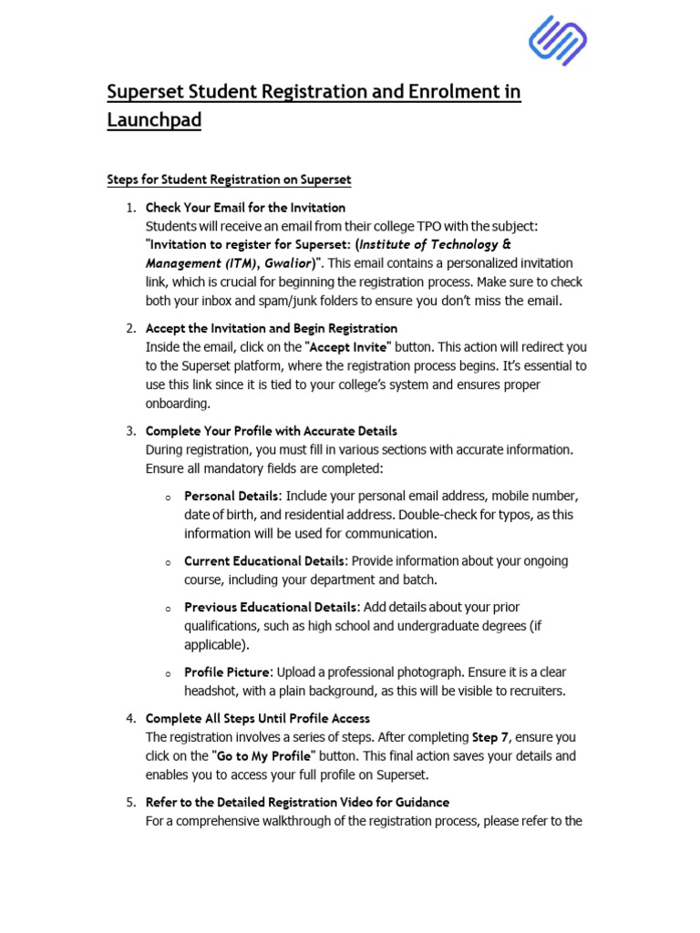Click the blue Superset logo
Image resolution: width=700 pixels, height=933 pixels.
[x=557, y=41]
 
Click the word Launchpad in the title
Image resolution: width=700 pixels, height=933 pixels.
[x=154, y=119]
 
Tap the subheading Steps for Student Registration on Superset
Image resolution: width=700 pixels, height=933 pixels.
[x=229, y=179]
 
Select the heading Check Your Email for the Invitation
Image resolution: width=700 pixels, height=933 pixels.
[x=245, y=208]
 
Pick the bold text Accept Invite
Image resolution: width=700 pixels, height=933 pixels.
[x=350, y=347]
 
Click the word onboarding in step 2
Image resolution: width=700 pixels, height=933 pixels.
[x=178, y=404]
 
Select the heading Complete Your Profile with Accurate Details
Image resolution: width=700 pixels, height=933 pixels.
[x=271, y=431]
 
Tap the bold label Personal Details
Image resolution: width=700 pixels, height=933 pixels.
[x=232, y=497]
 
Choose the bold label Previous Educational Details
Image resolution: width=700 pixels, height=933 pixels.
[x=271, y=607]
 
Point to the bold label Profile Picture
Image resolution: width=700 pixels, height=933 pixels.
[x=228, y=672]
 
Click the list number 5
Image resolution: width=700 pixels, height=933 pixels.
[x=131, y=803]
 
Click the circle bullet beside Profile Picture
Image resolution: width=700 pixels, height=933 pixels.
[x=169, y=674]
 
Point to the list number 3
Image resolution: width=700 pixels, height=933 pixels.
[x=131, y=431]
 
